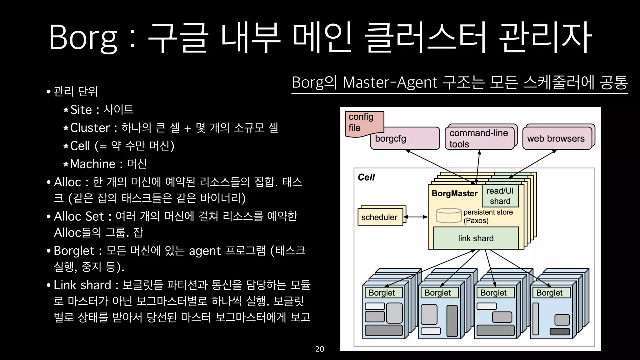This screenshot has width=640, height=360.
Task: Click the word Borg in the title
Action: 83,37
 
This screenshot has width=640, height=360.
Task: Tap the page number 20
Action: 319,349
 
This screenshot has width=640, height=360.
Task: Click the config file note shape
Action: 362,122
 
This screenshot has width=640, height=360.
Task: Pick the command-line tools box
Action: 479,138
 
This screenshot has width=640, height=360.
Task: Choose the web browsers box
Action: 556,138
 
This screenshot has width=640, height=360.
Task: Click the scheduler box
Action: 379,217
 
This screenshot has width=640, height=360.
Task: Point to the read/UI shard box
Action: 500,196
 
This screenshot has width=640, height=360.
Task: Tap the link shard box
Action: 476,238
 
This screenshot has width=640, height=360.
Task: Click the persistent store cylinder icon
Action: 448,216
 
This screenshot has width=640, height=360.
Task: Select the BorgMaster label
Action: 455,193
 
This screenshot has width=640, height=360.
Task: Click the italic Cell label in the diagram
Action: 366,177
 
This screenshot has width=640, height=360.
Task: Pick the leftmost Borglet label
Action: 382,293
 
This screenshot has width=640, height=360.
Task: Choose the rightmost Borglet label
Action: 549,293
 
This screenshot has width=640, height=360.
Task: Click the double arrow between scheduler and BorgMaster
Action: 416,217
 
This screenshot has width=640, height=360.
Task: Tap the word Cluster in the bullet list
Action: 90,128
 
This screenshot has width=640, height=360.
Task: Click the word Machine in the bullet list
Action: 93,164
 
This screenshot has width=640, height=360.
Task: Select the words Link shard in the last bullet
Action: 82,285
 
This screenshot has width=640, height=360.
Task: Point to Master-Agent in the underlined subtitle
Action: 390,83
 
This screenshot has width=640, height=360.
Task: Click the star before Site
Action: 66,110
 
